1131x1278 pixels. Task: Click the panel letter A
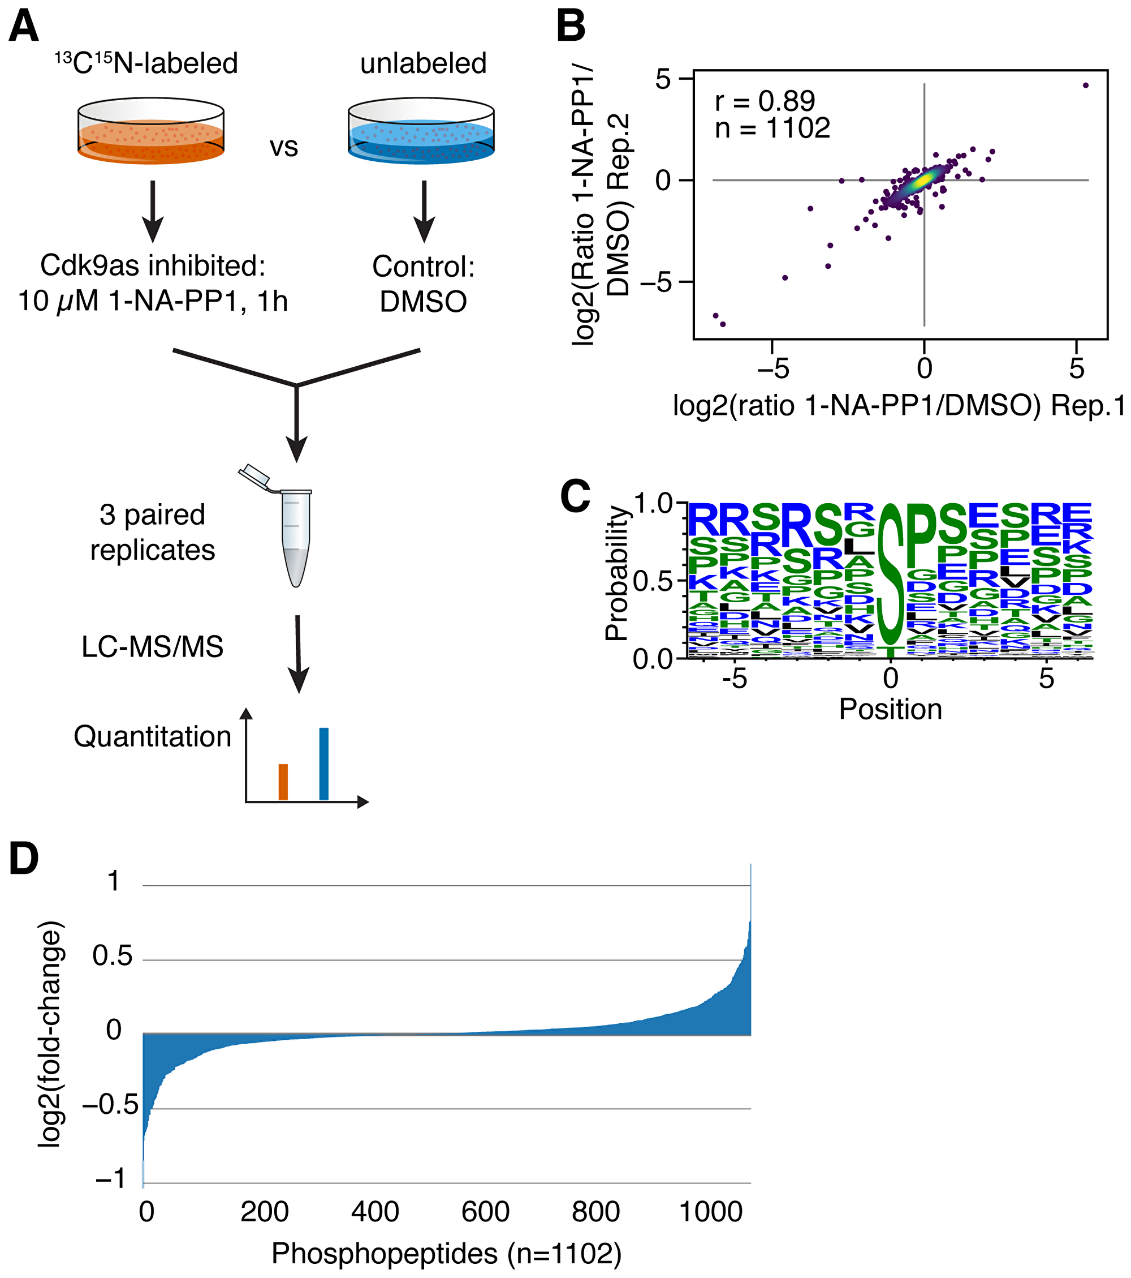(x=24, y=29)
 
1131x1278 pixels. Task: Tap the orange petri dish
(x=150, y=131)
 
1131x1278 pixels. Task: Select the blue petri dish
(x=421, y=131)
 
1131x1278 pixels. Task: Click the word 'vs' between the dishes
(x=284, y=148)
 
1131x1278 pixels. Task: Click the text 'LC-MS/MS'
(x=153, y=647)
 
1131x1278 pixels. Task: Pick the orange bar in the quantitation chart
(x=283, y=782)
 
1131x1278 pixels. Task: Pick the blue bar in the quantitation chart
(x=323, y=764)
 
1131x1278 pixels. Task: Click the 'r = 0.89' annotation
(x=765, y=101)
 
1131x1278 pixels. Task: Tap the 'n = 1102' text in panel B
(x=772, y=128)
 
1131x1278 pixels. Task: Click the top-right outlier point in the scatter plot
(x=1085, y=85)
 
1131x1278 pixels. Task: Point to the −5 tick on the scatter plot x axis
(x=772, y=369)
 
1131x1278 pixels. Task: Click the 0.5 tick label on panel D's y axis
(x=113, y=956)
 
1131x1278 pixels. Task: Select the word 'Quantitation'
(x=153, y=736)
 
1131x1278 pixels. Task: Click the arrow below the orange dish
(x=153, y=213)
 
